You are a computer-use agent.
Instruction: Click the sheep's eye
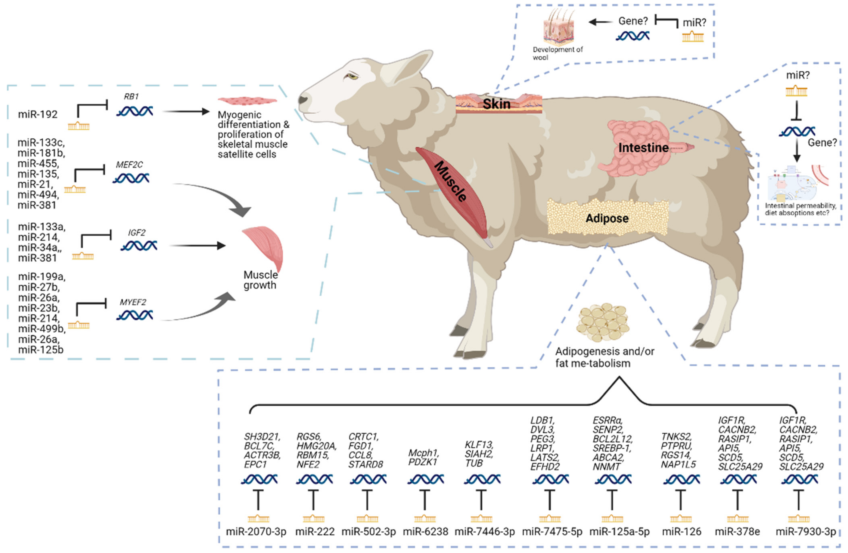tap(353, 76)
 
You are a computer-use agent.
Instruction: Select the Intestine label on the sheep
tap(643, 147)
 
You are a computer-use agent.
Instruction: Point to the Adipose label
tap(607, 218)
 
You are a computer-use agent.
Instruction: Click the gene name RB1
tap(131, 97)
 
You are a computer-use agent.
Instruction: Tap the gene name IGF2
tap(137, 233)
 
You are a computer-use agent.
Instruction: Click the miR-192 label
tap(38, 114)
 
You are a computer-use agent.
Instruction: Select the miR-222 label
tap(315, 532)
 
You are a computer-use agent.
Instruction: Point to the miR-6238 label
tap(425, 532)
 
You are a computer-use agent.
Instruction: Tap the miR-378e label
tap(737, 532)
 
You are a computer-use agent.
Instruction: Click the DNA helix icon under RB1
tap(135, 111)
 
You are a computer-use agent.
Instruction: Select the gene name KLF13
tap(479, 445)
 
